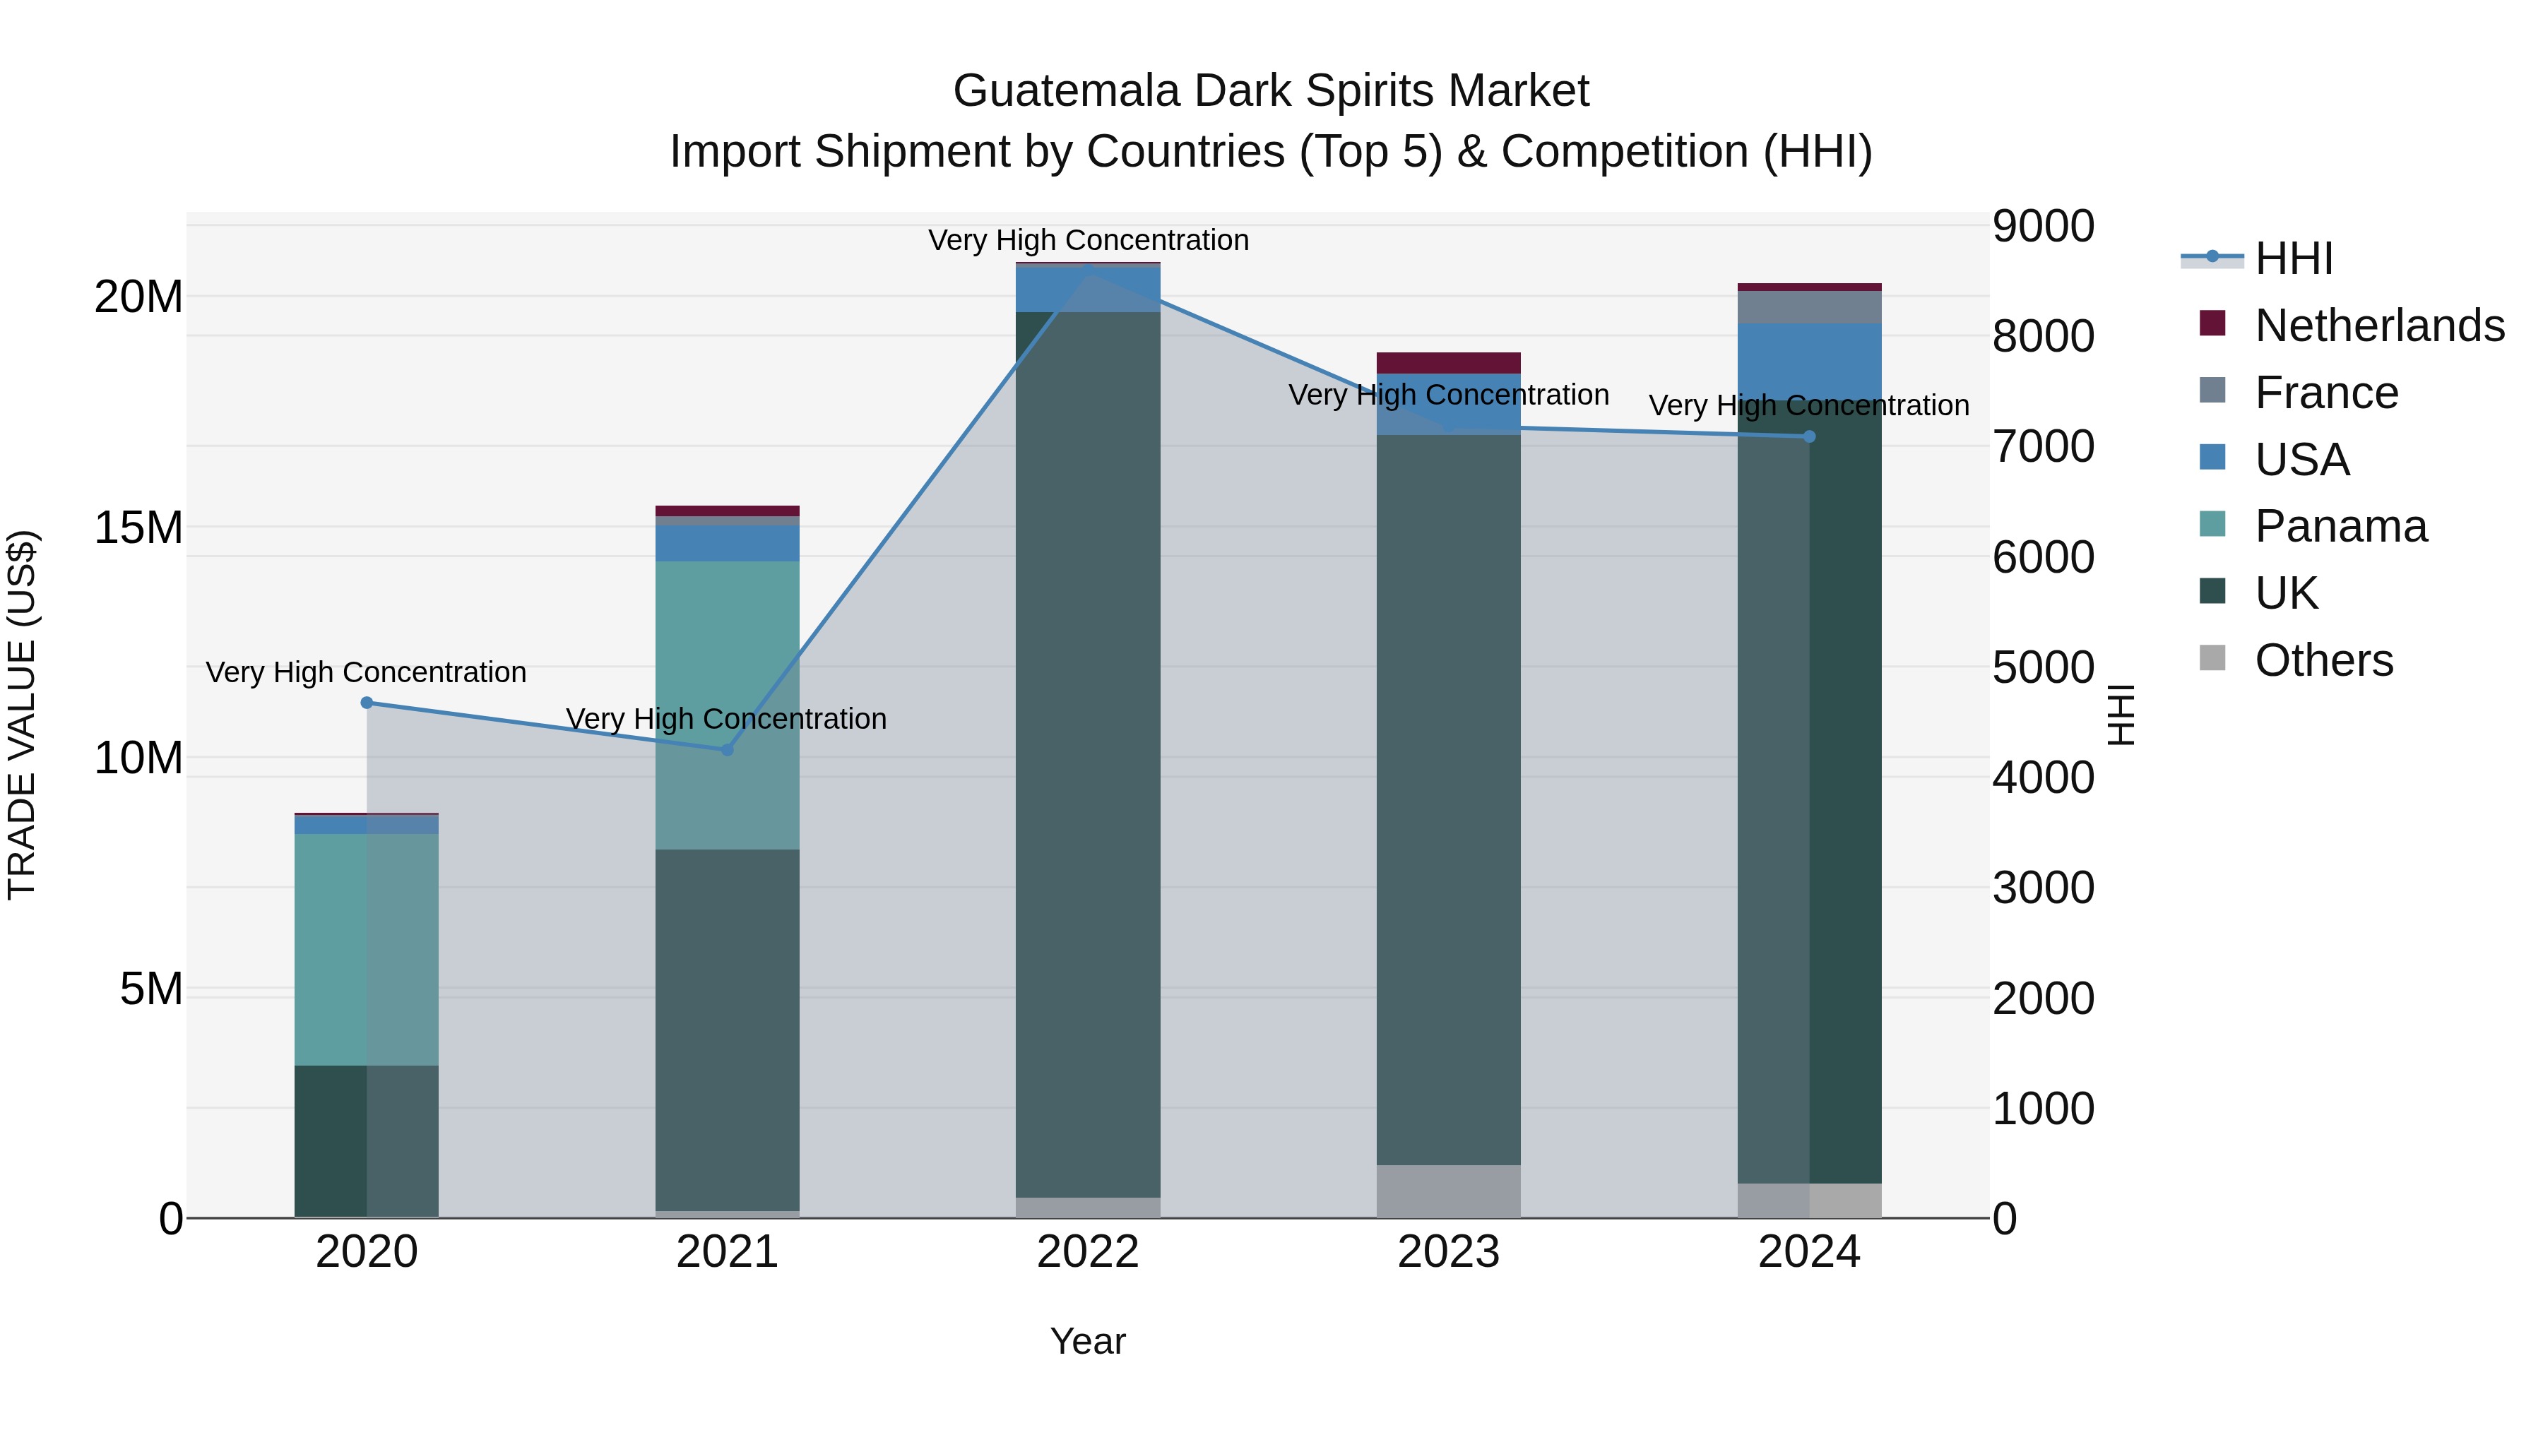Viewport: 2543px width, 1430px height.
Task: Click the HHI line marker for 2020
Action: tap(366, 703)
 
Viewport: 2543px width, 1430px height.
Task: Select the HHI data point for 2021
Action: tap(728, 750)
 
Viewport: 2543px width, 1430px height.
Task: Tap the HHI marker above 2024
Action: tap(1810, 436)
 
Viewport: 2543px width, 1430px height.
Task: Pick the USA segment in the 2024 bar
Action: tap(1810, 360)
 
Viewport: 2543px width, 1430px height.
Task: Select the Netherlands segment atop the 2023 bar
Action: tap(1448, 362)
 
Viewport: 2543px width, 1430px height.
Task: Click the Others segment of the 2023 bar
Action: tap(1448, 1191)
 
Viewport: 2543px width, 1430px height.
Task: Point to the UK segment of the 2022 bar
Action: tap(1088, 750)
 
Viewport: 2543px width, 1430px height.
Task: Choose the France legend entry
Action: tap(2326, 393)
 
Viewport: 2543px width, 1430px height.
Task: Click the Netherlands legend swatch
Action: tap(2212, 323)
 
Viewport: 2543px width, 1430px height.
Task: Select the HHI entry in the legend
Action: tap(2293, 258)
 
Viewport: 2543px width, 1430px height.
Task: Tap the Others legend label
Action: tap(2324, 660)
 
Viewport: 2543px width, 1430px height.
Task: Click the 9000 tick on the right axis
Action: tap(2041, 226)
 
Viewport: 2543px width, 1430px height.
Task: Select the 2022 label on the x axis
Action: tap(1088, 1252)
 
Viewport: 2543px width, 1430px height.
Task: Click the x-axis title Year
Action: tap(1088, 1341)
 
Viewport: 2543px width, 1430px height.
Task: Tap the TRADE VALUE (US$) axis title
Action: tap(22, 715)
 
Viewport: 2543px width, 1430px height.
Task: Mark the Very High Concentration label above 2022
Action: tap(1088, 240)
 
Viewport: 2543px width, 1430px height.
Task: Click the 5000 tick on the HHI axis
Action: tap(2041, 667)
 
